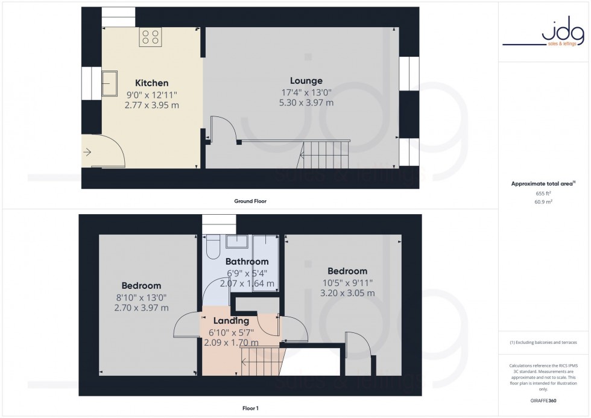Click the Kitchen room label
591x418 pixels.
[151, 83]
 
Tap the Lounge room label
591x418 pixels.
[306, 81]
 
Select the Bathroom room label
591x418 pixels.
[247, 262]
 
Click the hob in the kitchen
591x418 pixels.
[150, 37]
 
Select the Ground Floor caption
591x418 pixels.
[250, 201]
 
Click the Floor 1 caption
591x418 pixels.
[250, 408]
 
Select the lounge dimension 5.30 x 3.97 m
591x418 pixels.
[306, 103]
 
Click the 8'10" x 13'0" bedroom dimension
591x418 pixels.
[141, 297]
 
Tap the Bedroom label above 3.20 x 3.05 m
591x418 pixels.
[348, 271]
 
